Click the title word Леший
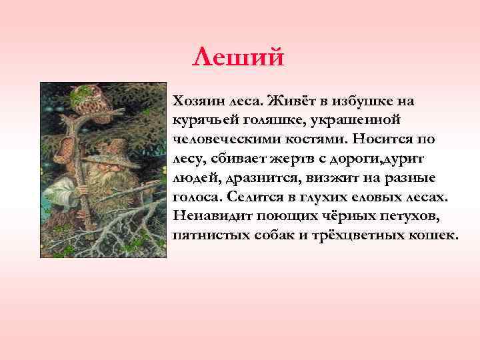(238, 57)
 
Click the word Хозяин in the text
(197, 101)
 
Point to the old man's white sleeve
(67, 197)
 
